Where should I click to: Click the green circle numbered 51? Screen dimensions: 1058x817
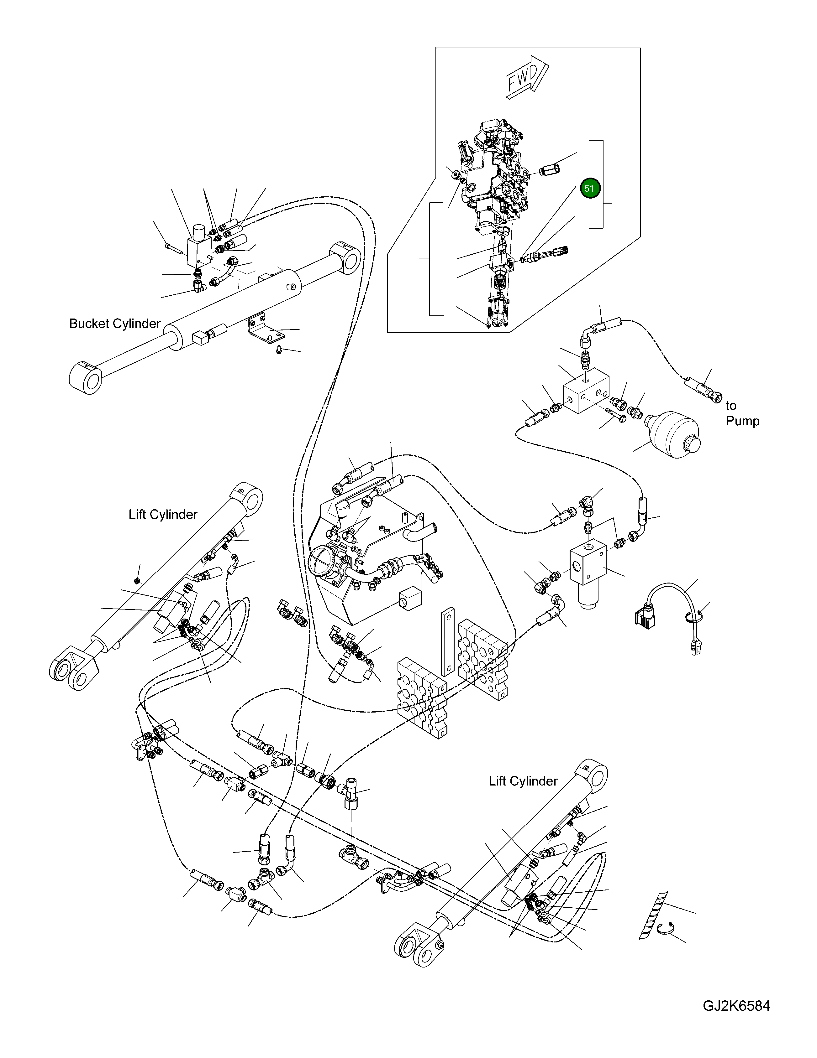pos(589,189)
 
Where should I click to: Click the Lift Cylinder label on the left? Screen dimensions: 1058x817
pos(163,515)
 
